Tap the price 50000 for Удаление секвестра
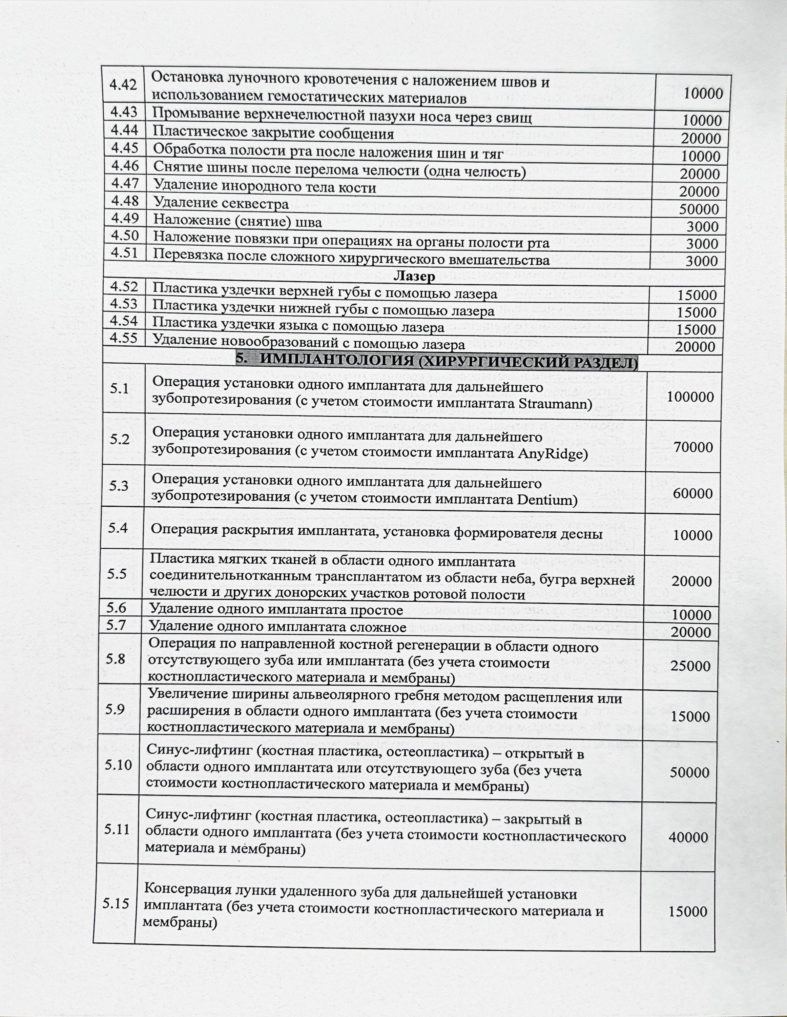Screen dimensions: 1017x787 point(699,209)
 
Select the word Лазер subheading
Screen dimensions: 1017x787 point(414,277)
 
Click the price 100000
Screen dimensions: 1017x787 point(690,397)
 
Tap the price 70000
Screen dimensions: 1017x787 point(693,447)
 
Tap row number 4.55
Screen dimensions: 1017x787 point(124,338)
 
